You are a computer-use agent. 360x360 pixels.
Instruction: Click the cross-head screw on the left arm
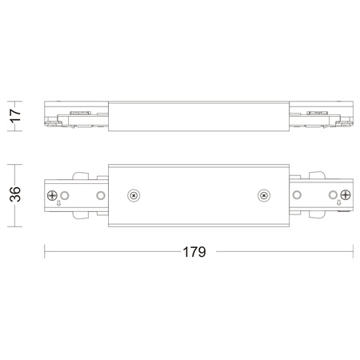[x=54, y=194]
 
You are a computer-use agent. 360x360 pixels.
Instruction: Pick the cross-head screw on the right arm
[x=346, y=194]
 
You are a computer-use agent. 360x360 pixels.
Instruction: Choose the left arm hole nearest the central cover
[x=99, y=194]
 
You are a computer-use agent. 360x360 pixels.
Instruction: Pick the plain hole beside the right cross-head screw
[x=332, y=194]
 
